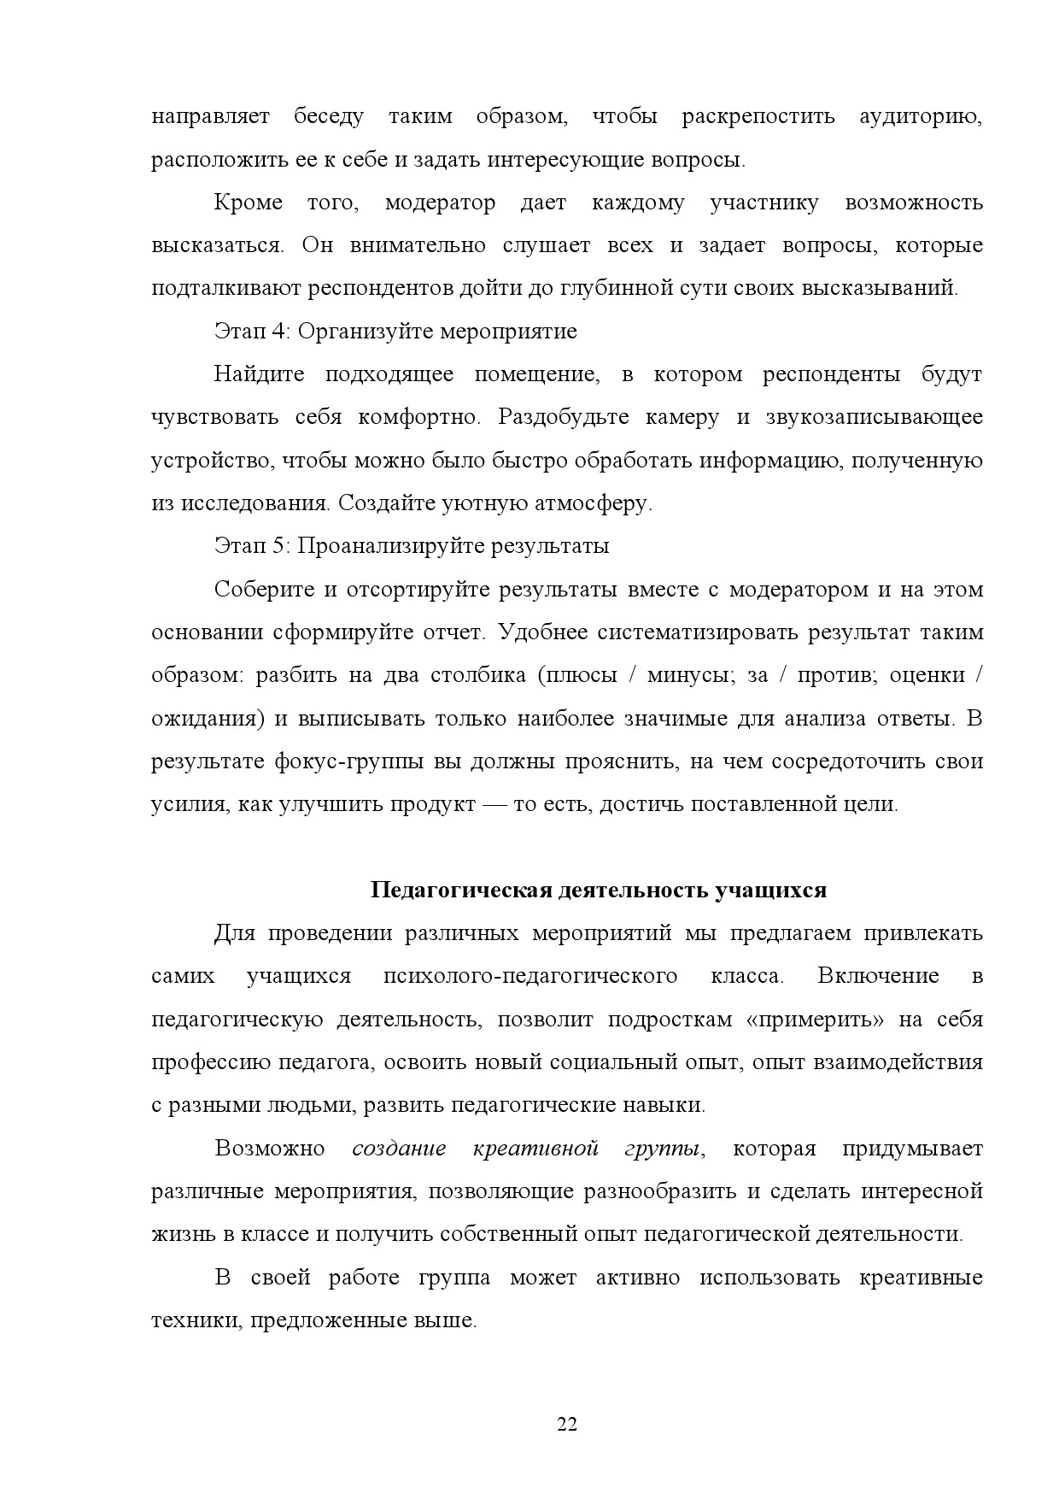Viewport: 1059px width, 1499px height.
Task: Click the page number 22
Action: click(567, 1424)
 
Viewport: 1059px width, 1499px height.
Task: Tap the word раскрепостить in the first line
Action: click(758, 116)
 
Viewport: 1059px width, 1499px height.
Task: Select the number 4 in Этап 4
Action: click(278, 331)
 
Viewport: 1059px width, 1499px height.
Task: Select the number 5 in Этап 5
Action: click(278, 545)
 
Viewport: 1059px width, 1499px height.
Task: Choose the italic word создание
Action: click(399, 1148)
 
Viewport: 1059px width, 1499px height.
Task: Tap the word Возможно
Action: click(269, 1148)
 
